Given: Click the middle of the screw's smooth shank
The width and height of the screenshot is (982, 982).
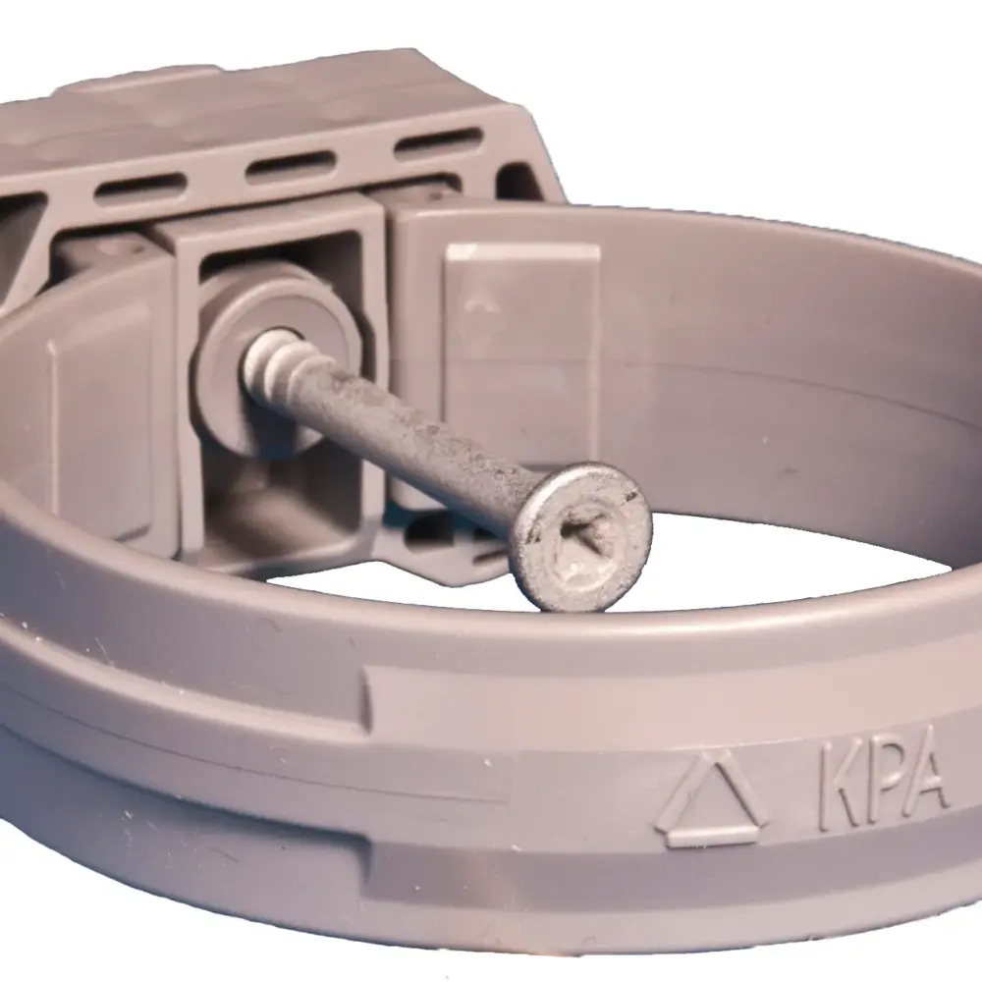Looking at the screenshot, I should point(412,436).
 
